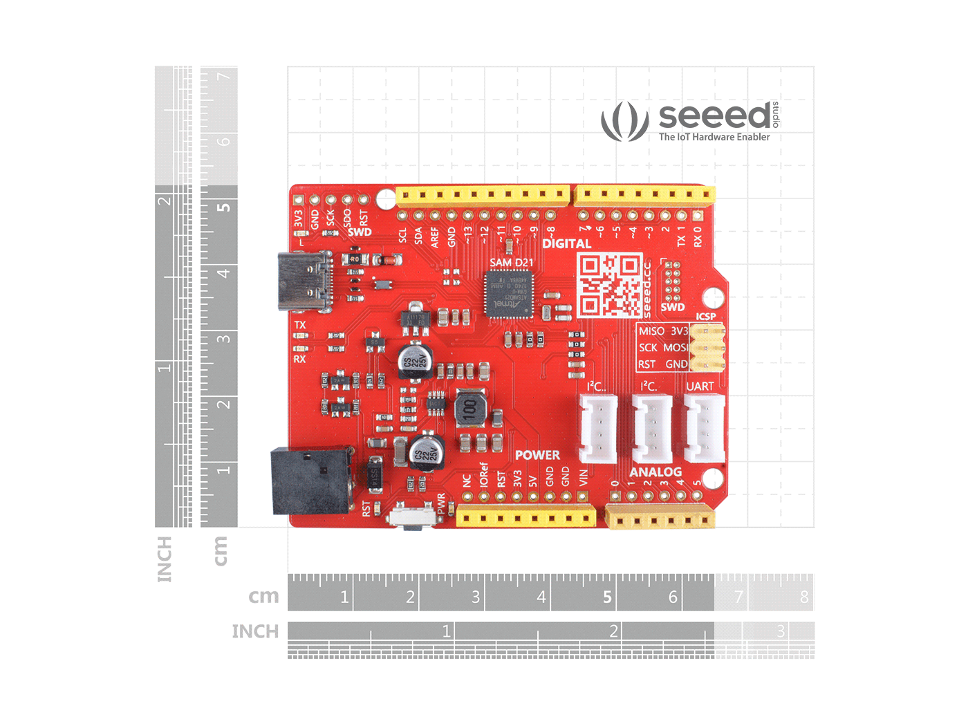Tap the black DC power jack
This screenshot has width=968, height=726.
(x=311, y=480)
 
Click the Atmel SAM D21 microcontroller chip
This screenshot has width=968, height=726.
(x=510, y=294)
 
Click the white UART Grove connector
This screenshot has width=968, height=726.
(x=704, y=428)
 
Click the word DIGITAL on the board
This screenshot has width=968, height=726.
(x=566, y=243)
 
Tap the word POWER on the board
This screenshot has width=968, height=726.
(x=537, y=455)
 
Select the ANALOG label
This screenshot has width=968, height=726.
(x=655, y=472)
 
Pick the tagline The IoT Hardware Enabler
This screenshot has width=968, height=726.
(x=714, y=137)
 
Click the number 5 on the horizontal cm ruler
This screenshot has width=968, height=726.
(x=607, y=597)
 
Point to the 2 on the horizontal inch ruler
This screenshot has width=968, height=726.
(x=613, y=631)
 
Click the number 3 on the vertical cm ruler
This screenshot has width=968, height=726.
(x=223, y=339)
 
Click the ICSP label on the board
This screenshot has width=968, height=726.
(x=706, y=317)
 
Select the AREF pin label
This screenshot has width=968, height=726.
(x=435, y=237)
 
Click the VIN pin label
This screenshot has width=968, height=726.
(x=584, y=477)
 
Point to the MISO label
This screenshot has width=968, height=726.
(x=651, y=331)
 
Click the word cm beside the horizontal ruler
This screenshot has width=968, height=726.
(x=263, y=596)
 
